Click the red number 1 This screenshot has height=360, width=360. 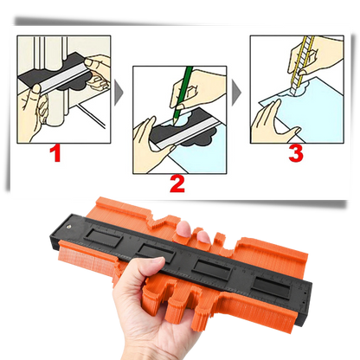click(55, 153)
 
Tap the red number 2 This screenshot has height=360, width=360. click(177, 184)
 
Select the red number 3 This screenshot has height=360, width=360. click(296, 153)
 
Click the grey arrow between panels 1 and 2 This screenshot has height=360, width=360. click(119, 93)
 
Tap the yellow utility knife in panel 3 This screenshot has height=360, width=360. click(302, 65)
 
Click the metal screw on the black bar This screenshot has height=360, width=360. click(69, 227)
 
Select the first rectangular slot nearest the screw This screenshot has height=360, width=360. click(104, 238)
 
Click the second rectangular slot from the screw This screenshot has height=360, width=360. click(156, 252)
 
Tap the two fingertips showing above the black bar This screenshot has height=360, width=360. click(193, 232)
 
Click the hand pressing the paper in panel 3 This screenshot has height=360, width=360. click(273, 124)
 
